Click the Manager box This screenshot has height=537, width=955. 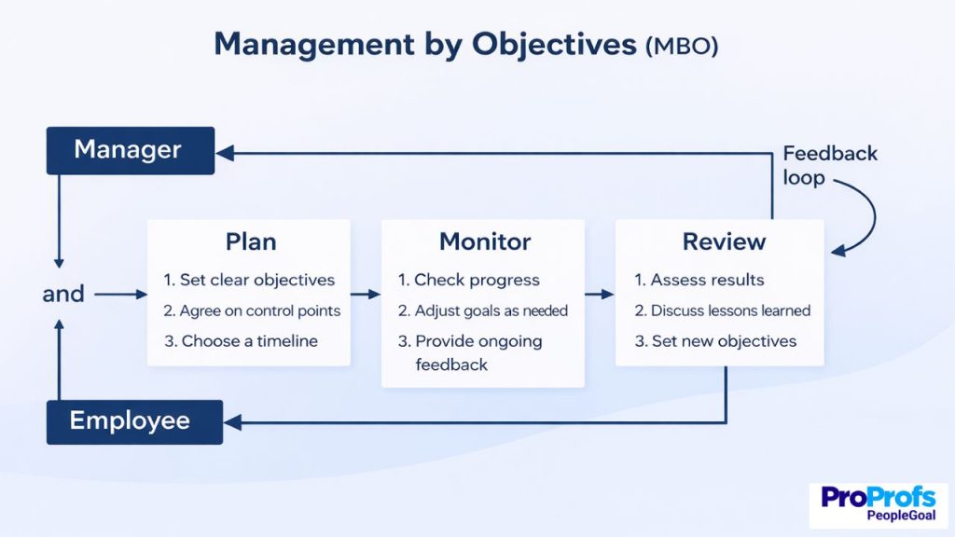tap(130, 150)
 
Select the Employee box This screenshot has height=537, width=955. tap(134, 421)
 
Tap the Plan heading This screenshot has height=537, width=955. tap(251, 241)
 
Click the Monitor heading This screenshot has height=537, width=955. tap(485, 241)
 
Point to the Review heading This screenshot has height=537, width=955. tap(724, 241)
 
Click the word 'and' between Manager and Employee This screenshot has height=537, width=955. tap(63, 294)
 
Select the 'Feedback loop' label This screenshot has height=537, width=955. tap(829, 165)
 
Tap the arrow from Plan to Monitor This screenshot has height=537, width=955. tap(366, 294)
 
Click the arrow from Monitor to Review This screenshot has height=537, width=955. tap(600, 294)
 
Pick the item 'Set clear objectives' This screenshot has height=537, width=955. tap(249, 280)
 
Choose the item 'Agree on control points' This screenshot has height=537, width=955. tap(252, 310)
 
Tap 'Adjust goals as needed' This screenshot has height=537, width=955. tap(482, 310)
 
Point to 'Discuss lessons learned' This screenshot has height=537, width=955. tap(723, 310)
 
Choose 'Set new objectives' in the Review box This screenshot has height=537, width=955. tap(715, 341)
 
